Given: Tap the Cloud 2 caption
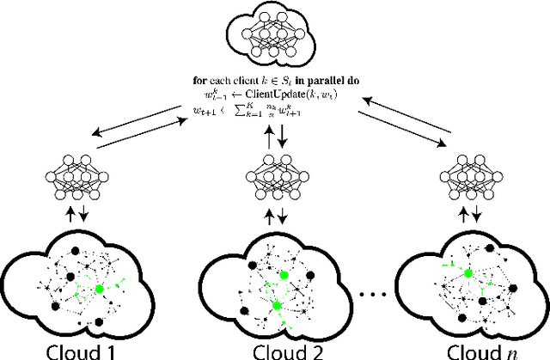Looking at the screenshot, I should [x=275, y=351].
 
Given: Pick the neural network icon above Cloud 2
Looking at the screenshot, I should [x=275, y=172].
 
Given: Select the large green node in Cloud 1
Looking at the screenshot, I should [x=100, y=288].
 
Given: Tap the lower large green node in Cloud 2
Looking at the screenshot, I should [x=277, y=304].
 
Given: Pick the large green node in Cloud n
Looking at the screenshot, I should [x=469, y=272].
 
